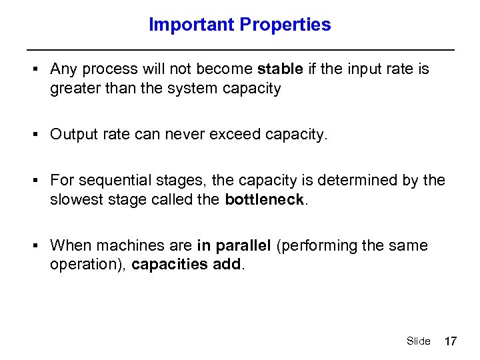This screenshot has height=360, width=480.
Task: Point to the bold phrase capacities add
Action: (x=187, y=265)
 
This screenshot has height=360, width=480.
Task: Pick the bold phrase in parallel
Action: (x=234, y=245)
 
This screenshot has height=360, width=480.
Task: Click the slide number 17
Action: (x=451, y=341)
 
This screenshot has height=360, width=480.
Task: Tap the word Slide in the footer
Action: (x=418, y=341)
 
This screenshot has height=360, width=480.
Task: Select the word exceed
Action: (x=235, y=134)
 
